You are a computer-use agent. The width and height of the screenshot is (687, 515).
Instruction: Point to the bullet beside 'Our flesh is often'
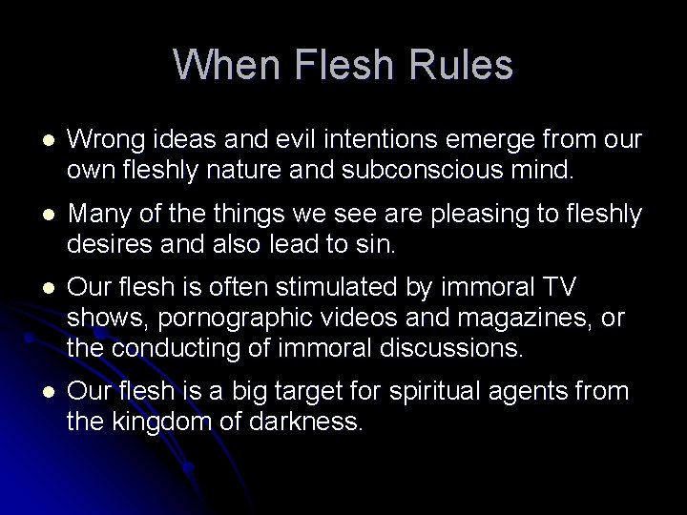pyautogui.click(x=39, y=287)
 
